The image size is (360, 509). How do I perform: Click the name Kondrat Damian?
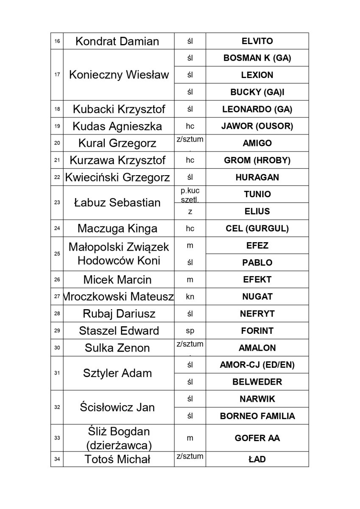point(117,41)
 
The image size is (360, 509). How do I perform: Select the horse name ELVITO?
point(257,41)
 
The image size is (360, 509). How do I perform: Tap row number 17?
point(57,75)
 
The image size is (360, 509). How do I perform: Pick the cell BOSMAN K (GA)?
point(257,58)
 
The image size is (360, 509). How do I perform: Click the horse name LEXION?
point(257,75)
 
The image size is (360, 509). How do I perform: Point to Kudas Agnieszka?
point(117,126)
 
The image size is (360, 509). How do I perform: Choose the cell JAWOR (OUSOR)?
point(257,126)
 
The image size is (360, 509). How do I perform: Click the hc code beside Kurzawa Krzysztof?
point(190,160)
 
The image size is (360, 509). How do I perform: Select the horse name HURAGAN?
point(257,177)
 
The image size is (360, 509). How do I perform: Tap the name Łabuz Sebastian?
point(117,203)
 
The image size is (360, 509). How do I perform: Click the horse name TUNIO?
point(257,194)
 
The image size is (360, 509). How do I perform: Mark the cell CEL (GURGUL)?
point(257,229)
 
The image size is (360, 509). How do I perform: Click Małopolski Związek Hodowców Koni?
point(118,254)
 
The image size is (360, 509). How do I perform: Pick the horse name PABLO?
point(257,263)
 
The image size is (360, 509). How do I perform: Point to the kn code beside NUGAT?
point(190,296)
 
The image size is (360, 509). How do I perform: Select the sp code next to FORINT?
point(190,330)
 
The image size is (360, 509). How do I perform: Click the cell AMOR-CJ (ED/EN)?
point(257,365)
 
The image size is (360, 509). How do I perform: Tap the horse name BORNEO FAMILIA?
point(257,416)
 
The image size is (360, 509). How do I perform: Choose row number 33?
point(57,438)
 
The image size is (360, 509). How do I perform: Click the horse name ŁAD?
point(257,459)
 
